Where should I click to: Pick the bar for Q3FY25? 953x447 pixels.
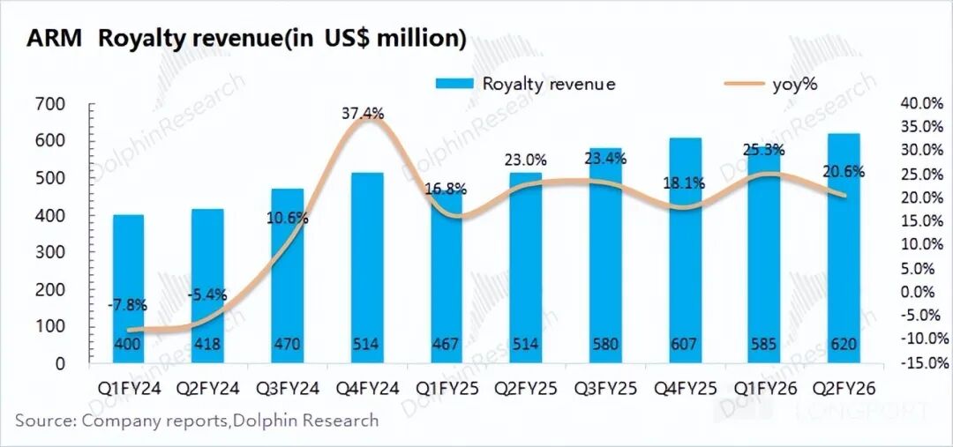[x=604, y=256]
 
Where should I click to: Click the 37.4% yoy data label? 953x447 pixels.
[x=362, y=114]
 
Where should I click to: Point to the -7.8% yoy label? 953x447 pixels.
[x=128, y=306]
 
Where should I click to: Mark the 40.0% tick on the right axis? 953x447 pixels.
[x=921, y=103]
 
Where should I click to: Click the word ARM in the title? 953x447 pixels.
[x=56, y=39]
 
